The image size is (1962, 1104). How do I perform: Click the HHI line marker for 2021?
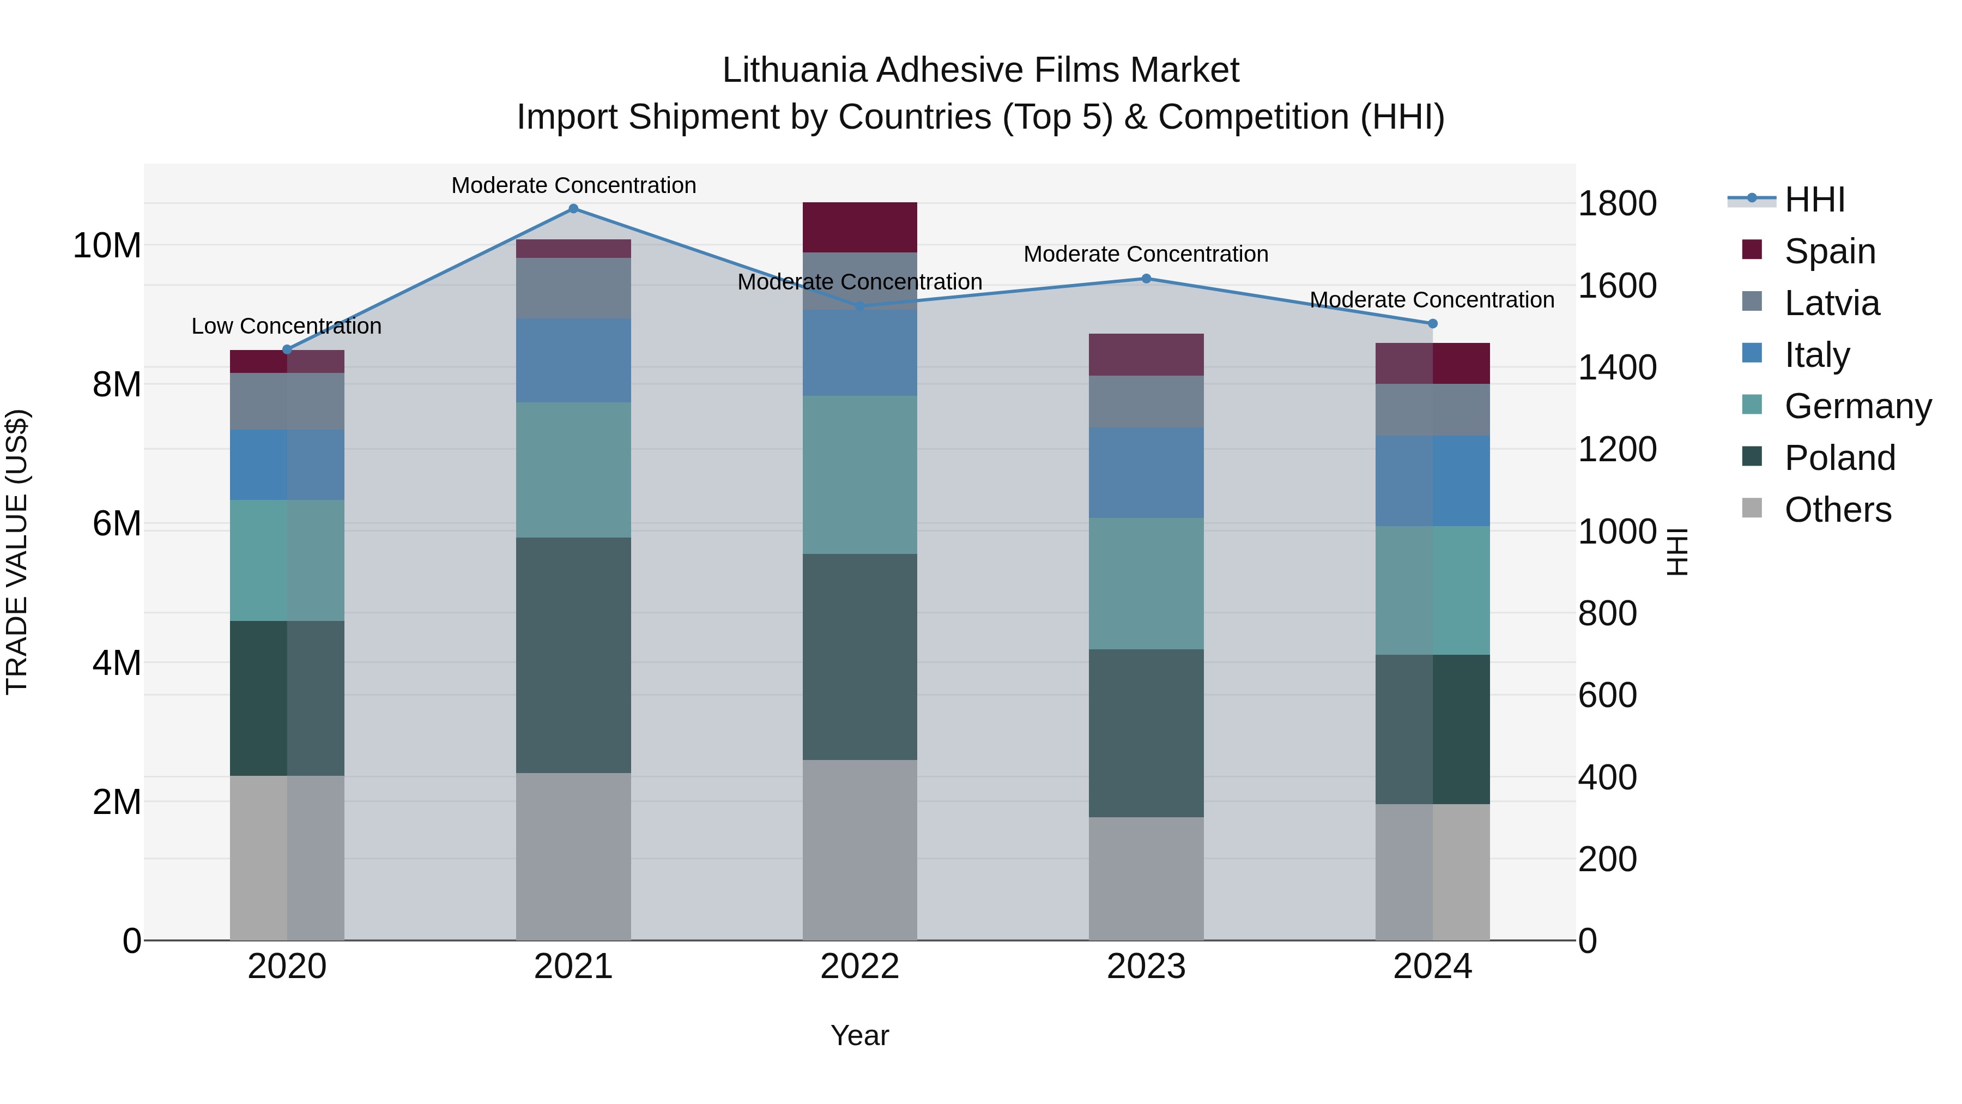point(573,209)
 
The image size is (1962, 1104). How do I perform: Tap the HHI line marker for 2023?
point(1146,279)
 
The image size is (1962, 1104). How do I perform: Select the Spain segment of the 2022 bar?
point(860,227)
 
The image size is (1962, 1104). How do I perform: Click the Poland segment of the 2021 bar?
point(573,655)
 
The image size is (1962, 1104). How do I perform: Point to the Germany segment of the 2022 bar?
point(860,475)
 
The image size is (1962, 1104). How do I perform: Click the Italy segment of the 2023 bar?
point(1146,473)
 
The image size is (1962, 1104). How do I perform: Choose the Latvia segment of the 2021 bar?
point(573,288)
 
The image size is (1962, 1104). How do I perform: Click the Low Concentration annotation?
point(286,326)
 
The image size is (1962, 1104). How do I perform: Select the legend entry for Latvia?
point(1832,303)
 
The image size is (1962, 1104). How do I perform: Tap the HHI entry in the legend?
point(1814,200)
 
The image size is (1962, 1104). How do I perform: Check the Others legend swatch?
point(1752,508)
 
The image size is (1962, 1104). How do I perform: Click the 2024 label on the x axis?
point(1432,967)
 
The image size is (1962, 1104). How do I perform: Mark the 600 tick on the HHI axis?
point(1607,695)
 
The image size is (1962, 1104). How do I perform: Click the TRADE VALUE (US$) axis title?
point(17,552)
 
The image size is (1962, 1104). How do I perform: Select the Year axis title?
point(860,1035)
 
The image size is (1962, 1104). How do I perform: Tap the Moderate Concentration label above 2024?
point(1432,300)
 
